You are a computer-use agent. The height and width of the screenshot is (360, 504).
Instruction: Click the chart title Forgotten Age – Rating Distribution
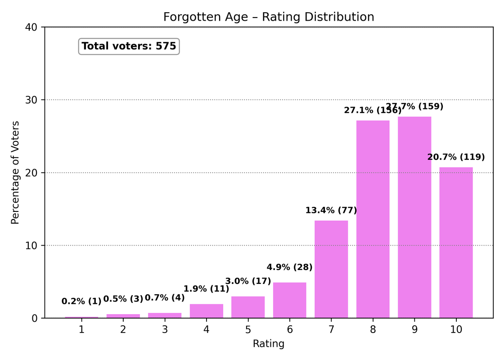(269, 17)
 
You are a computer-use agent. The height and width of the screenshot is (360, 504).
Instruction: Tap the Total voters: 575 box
(129, 46)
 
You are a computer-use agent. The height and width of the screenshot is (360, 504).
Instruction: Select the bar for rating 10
(456, 243)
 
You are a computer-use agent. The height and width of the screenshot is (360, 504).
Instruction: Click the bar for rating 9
(414, 217)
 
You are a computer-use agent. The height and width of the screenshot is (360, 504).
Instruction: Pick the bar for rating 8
(373, 219)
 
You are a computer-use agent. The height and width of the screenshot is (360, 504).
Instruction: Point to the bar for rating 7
(331, 269)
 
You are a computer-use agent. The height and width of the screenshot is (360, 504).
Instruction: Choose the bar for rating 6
(289, 300)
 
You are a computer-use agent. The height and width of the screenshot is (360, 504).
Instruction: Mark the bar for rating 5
(248, 307)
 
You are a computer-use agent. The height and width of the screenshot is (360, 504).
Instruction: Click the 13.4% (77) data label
(331, 210)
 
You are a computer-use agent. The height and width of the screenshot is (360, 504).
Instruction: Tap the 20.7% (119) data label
(456, 157)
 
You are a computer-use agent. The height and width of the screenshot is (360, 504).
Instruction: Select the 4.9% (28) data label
(289, 267)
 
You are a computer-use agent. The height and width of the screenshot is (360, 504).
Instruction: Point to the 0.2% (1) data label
(81, 301)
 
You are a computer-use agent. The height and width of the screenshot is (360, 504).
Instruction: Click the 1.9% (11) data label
(206, 289)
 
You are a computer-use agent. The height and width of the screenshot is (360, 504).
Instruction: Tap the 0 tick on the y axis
(36, 318)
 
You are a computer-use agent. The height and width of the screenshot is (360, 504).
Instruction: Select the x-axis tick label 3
(165, 330)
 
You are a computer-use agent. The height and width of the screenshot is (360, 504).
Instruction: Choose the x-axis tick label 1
(81, 330)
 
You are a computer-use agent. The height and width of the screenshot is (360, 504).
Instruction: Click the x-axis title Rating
(269, 344)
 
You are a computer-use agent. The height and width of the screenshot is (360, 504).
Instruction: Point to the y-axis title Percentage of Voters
(16, 172)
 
